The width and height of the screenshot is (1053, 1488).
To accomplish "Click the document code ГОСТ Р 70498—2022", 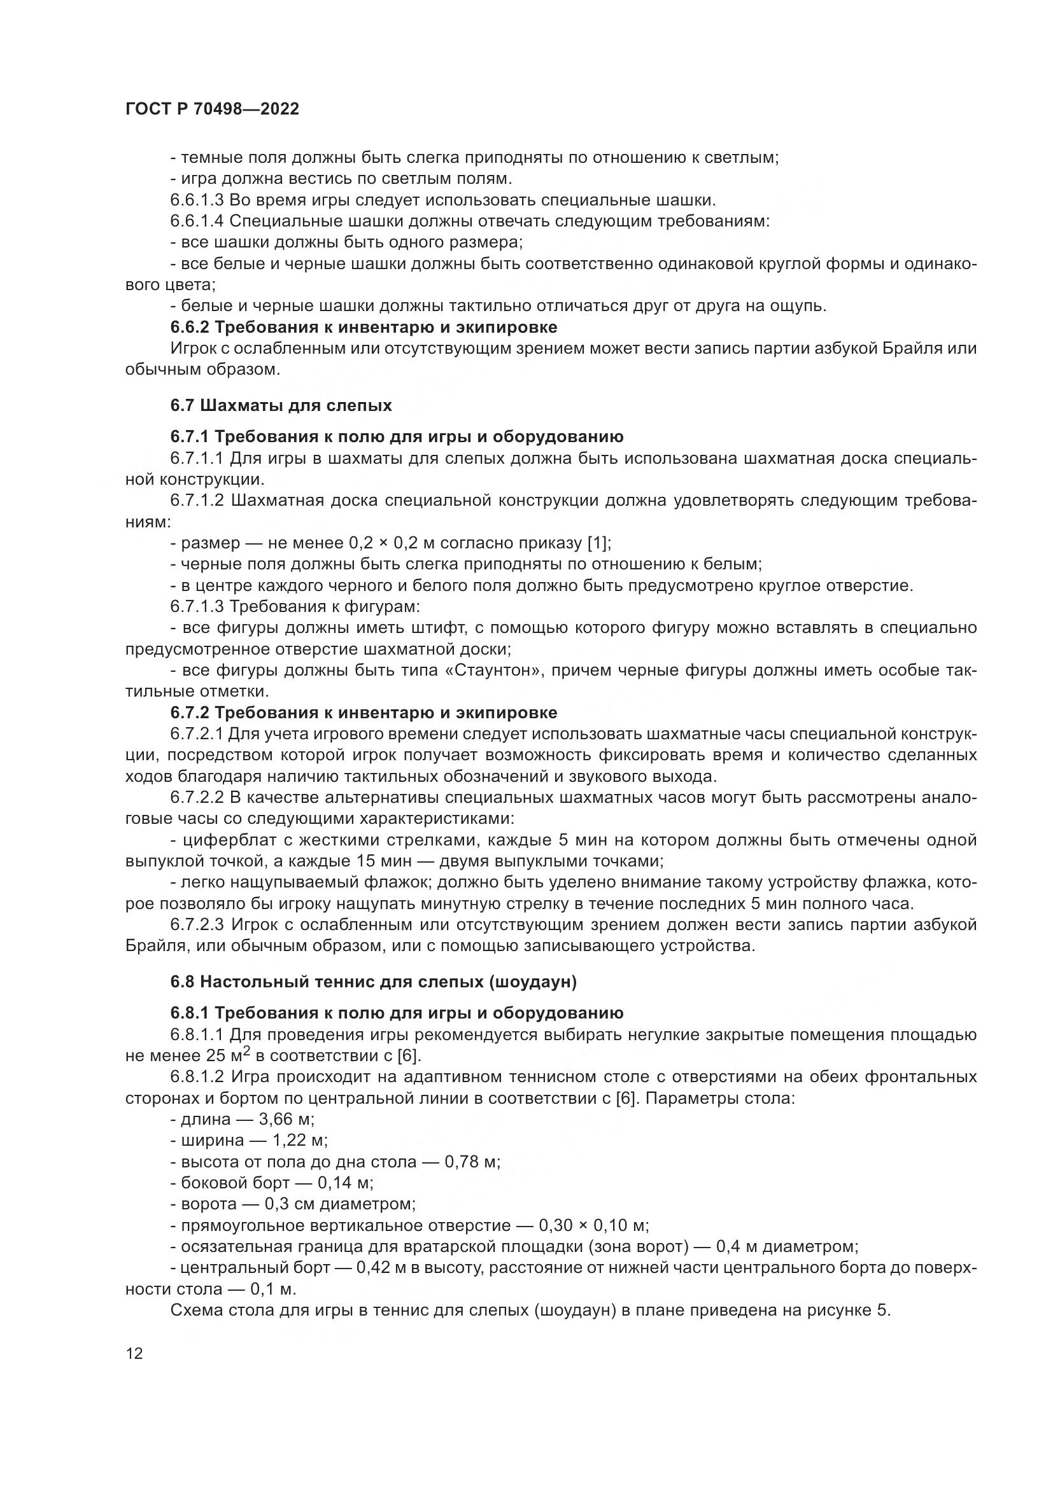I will coord(212,109).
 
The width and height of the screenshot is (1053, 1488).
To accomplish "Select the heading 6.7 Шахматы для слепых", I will coord(281,406).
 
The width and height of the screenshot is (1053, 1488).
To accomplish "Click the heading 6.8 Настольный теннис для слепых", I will coord(373,982).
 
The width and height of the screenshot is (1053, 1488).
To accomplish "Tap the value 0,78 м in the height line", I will coord(471,1162).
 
